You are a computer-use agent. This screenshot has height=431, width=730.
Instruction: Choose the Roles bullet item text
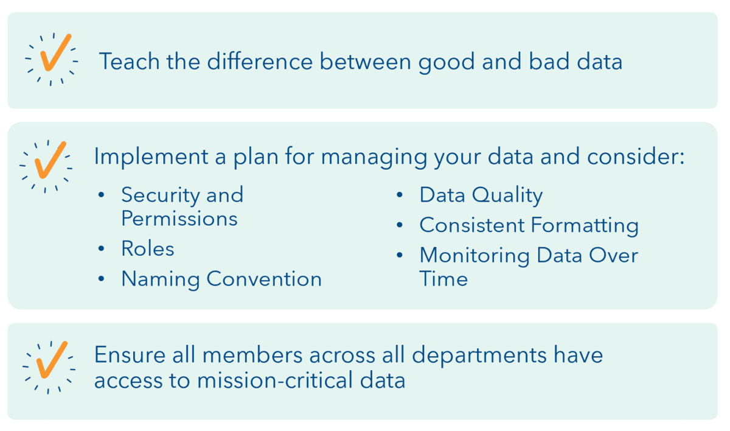[148, 248]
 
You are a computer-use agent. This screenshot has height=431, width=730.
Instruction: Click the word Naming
[160, 279]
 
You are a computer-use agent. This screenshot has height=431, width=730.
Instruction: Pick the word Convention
[264, 279]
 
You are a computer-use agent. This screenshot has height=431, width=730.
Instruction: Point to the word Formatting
[584, 226]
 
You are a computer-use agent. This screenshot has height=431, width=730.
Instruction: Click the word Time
[443, 279]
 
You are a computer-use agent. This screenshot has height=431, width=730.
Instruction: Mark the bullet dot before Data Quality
[400, 195]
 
